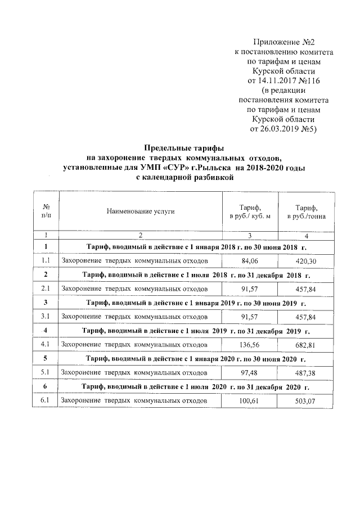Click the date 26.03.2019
[276, 129]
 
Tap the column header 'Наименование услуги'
[140, 211]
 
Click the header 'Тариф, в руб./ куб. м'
[249, 211]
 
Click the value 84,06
[249, 261]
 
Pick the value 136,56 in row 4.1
[249, 343]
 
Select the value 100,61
[249, 400]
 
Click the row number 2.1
[46, 289]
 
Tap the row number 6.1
[46, 400]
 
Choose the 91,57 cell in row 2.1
[249, 289]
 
